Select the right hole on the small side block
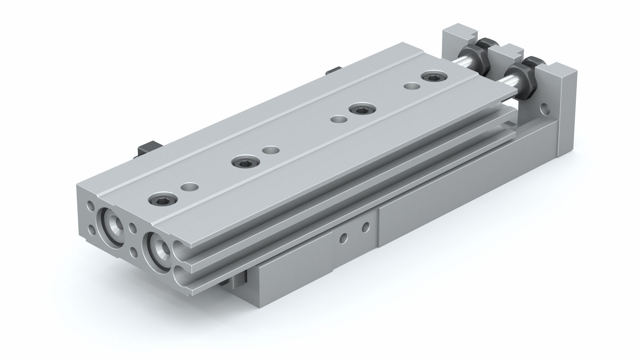[x=366, y=227]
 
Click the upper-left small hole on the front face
[x=90, y=205]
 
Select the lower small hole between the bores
[x=135, y=251]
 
